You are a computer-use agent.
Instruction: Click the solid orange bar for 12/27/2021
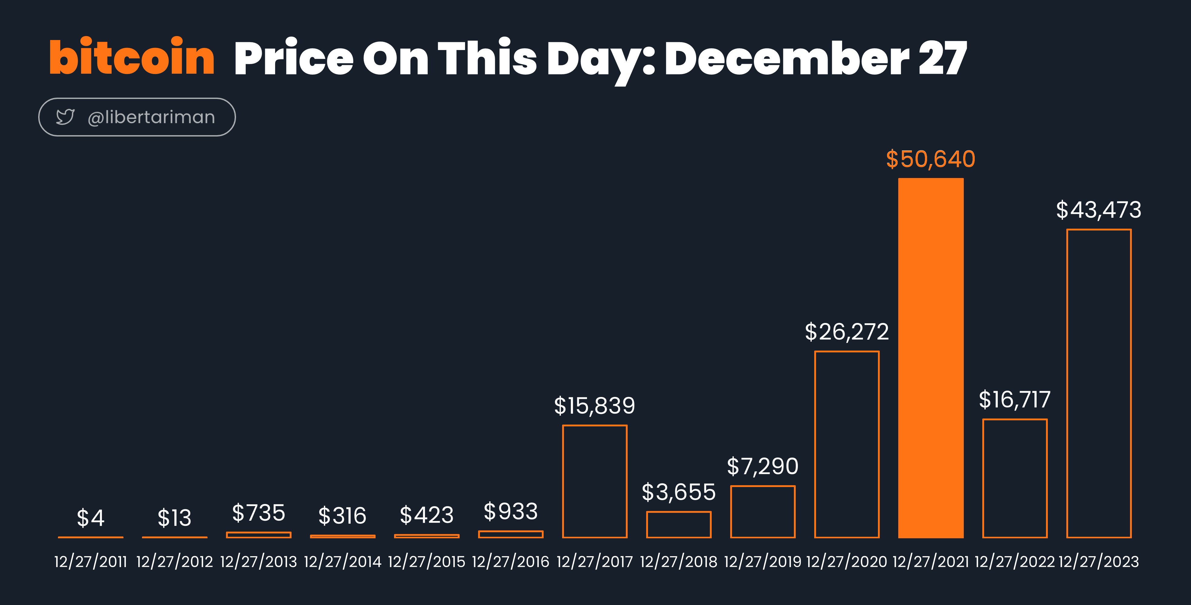[x=931, y=358]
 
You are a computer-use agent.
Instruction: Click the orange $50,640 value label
[x=931, y=159]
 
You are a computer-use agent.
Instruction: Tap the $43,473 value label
[x=1098, y=210]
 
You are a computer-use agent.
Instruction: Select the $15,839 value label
[x=595, y=406]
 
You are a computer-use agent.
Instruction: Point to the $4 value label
[x=91, y=518]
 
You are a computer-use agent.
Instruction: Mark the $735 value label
[x=258, y=513]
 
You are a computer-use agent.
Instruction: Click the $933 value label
[x=511, y=511]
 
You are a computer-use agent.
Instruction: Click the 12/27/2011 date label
[x=91, y=562]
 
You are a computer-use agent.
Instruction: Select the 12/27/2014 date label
[x=342, y=562]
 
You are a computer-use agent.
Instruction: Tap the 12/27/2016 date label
[x=511, y=562]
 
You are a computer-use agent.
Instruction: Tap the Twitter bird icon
[x=65, y=117]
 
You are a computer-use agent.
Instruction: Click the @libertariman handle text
[x=151, y=117]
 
